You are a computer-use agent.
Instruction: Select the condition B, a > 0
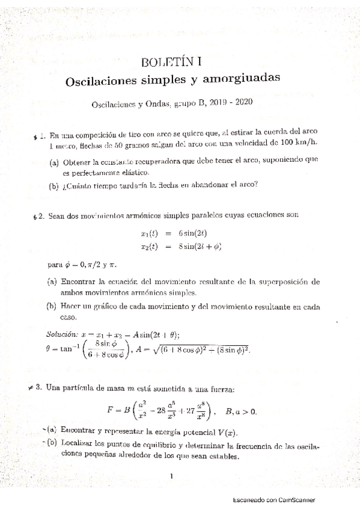[241, 411]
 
